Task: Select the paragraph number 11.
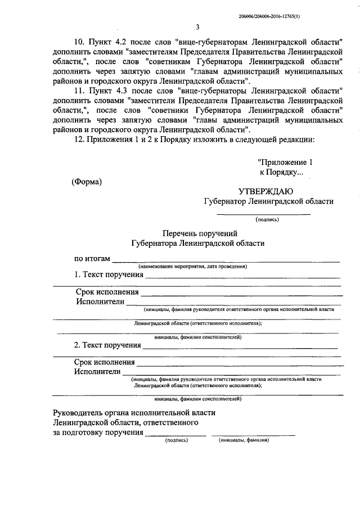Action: click(x=79, y=90)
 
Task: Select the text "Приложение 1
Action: click(x=284, y=162)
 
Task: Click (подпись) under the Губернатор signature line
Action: click(x=267, y=219)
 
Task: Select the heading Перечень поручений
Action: click(x=197, y=233)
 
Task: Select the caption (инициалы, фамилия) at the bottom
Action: click(x=244, y=440)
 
